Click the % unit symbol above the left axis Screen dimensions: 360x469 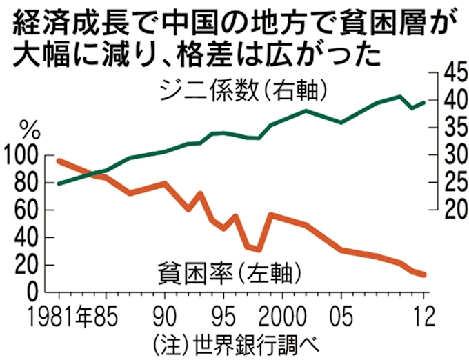[x=30, y=129]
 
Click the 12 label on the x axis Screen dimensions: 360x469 [x=423, y=317]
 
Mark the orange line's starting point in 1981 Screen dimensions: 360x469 [x=59, y=161]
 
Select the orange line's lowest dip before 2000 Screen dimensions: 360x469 [x=258, y=250]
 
